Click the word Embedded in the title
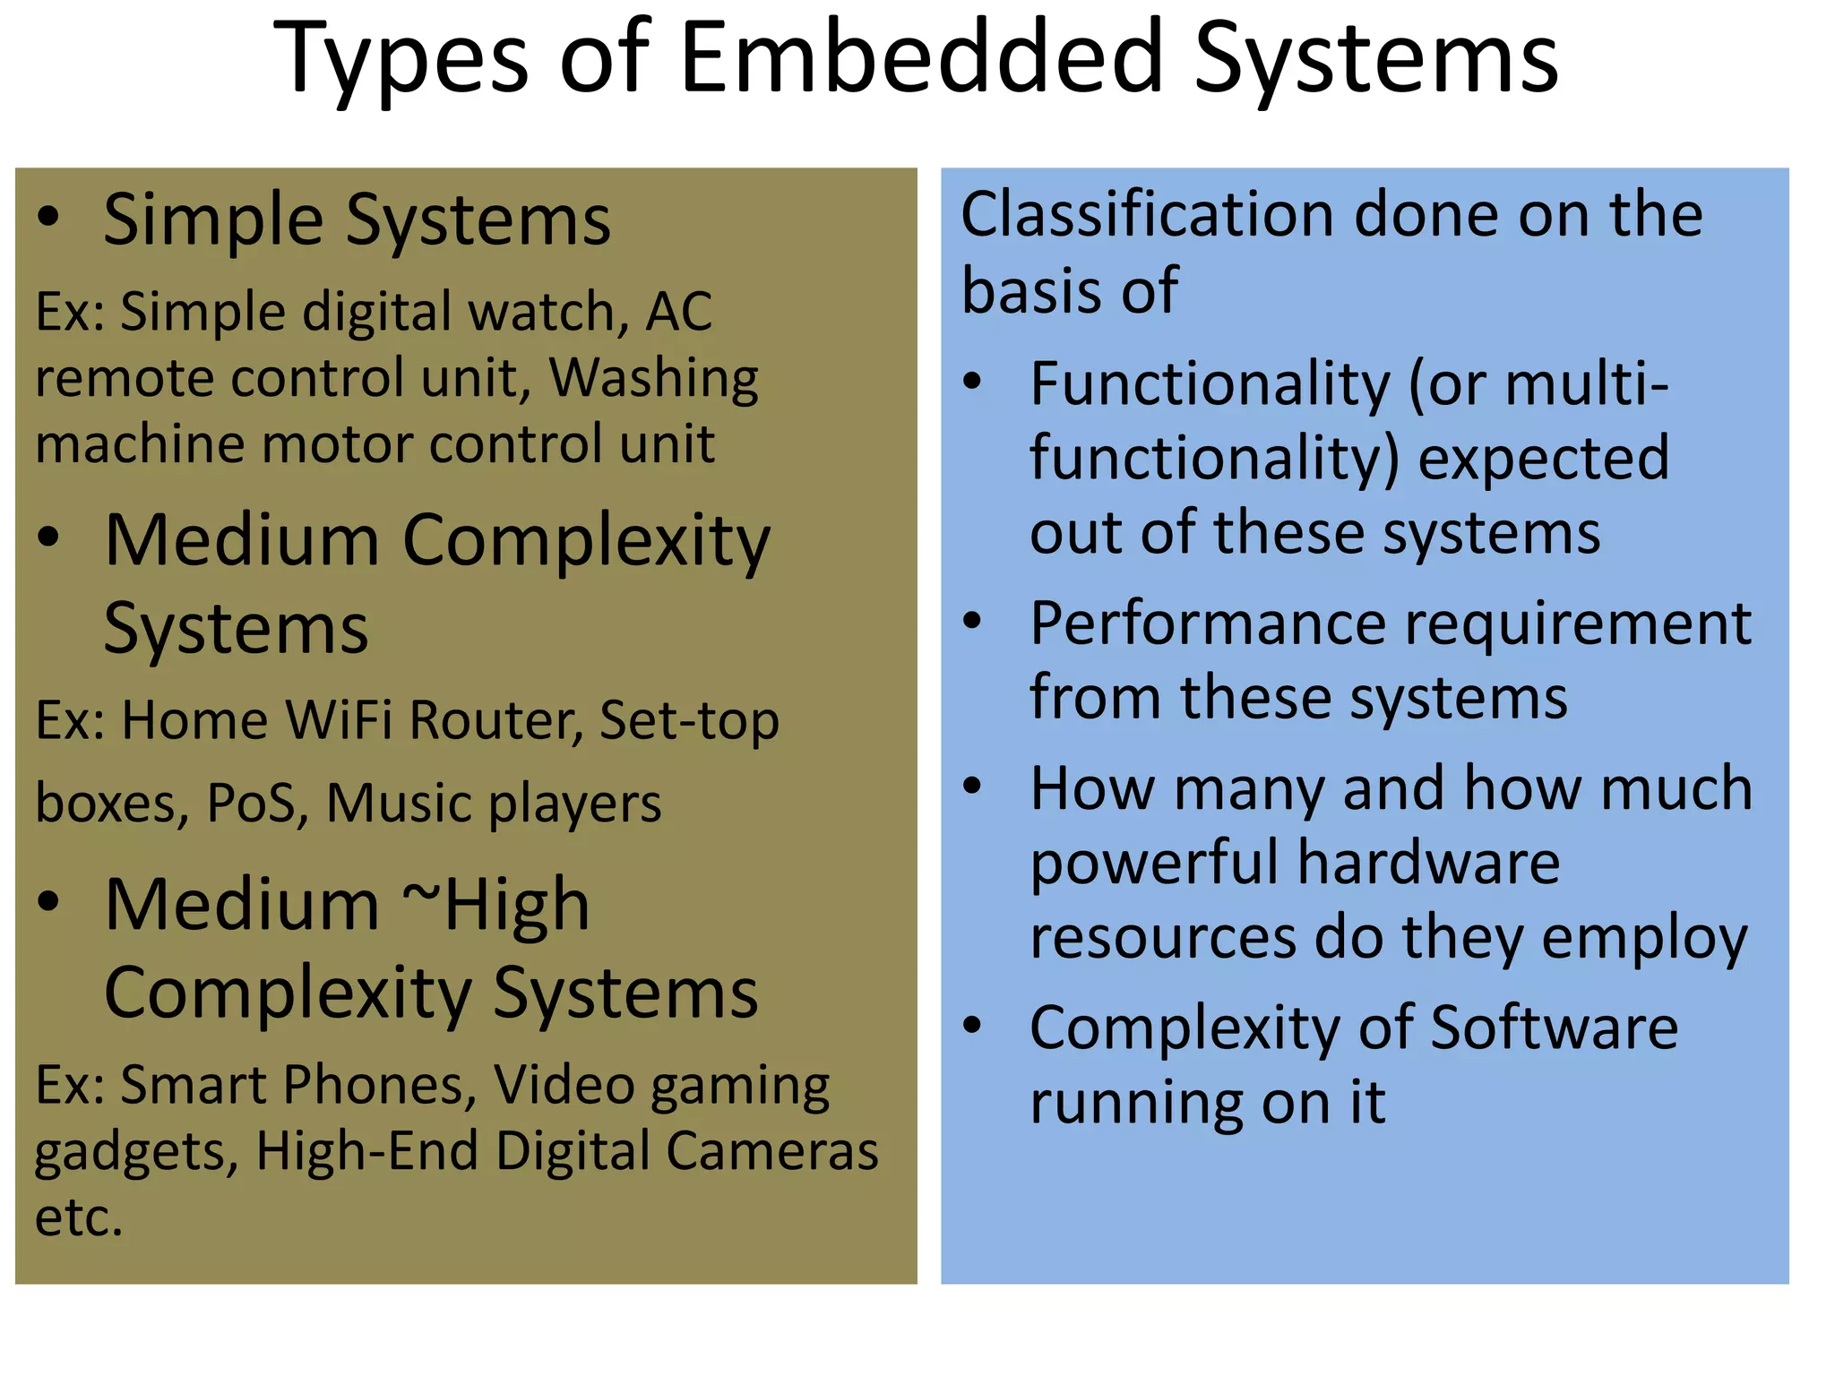[922, 58]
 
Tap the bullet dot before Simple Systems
[48, 218]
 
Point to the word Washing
[653, 378]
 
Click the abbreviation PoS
[251, 803]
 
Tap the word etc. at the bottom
[78, 1217]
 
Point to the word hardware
[1428, 863]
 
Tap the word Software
[1554, 1028]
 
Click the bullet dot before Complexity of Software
[972, 1026]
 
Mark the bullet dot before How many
[972, 787]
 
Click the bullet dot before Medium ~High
[48, 903]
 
